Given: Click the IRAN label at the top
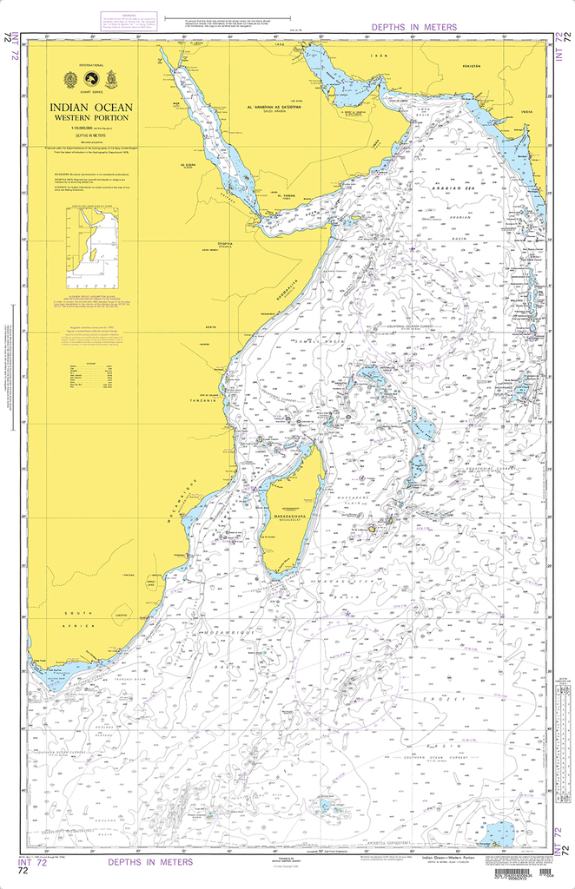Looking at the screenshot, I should coord(378,55).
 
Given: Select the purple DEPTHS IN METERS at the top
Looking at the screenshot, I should coord(413,28).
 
